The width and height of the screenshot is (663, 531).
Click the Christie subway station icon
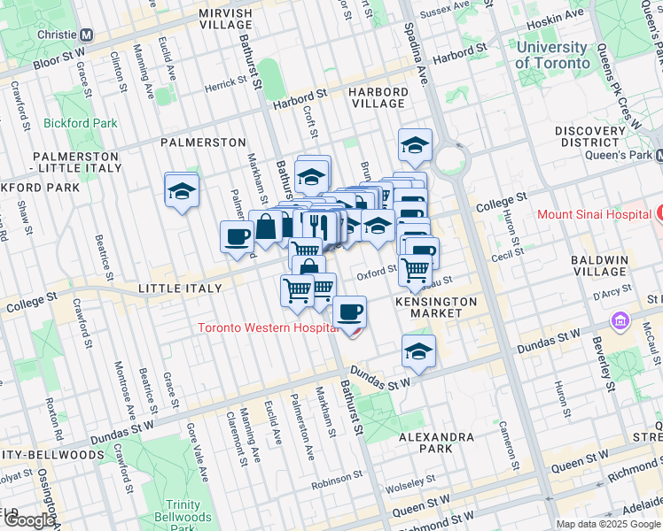[x=86, y=35]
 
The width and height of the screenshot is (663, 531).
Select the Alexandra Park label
[x=436, y=444]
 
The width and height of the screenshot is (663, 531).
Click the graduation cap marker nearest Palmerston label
[x=182, y=190]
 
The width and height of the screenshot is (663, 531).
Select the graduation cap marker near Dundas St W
[x=418, y=351]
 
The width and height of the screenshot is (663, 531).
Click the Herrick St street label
[x=225, y=84]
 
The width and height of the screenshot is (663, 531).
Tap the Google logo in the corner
[x=28, y=520]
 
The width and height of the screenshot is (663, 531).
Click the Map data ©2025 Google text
[x=607, y=524]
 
